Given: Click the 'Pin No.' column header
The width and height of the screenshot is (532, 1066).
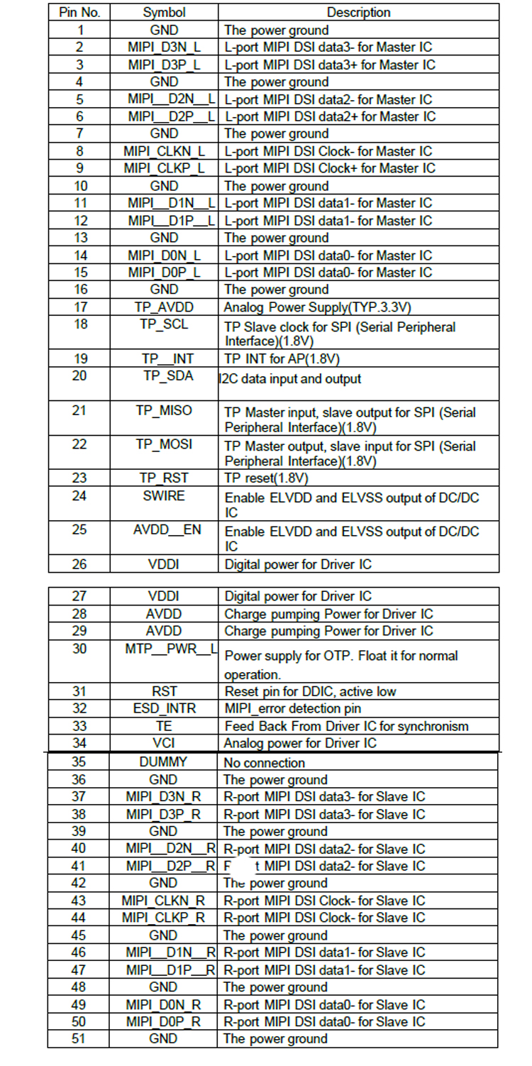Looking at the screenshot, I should pos(79,13).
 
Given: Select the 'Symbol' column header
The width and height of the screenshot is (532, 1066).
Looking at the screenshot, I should pos(164,13).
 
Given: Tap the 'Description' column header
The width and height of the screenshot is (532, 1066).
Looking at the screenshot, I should pos(358,13).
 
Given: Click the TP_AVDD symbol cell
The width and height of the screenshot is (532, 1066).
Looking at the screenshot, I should pos(164,307).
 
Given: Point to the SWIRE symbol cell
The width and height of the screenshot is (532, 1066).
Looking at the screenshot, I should pos(164,496).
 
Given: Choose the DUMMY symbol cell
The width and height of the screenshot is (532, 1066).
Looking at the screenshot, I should pos(164,762).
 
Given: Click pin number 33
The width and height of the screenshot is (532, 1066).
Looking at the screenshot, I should pos(79,726).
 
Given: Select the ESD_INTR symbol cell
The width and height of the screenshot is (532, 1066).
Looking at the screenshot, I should pos(164,708).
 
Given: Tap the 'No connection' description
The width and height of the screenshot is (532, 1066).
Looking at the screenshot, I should pos(265,763).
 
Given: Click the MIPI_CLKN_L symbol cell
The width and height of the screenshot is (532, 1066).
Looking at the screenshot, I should pos(164,151).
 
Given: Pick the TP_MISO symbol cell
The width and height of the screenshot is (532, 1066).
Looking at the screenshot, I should pos(164,411).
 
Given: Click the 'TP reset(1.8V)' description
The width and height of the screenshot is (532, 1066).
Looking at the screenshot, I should pos(267,479).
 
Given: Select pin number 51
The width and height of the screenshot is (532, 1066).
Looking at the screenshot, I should pos(79,1039).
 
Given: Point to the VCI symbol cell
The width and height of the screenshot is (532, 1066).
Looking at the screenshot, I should pos(164,743).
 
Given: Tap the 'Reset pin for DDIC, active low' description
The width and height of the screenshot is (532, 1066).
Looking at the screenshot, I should pos(310,691).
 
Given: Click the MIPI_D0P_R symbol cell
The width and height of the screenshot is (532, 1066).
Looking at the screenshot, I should pos(164,1022).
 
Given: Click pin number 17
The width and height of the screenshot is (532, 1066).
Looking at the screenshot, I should pos(79,307).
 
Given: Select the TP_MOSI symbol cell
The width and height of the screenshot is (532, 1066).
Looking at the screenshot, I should pos(164,445).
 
